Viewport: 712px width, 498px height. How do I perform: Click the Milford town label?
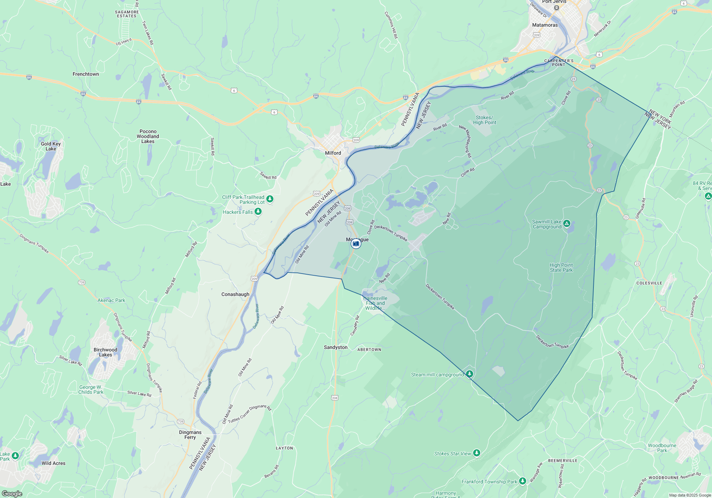[333, 153]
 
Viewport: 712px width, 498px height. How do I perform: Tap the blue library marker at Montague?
[356, 244]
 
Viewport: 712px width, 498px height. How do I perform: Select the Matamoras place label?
[545, 25]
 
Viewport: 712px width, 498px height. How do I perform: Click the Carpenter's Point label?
[559, 63]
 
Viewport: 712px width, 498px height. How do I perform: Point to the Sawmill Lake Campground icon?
[567, 224]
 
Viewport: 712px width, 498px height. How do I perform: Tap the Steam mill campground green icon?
[470, 374]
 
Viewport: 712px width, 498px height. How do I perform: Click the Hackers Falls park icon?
[258, 212]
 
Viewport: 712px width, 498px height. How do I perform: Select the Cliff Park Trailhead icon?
[270, 199]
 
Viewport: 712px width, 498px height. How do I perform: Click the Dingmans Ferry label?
[190, 435]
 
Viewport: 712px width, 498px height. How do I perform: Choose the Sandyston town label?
[335, 347]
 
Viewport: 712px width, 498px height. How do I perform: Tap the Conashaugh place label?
[235, 294]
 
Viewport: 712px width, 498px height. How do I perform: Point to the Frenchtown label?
[86, 74]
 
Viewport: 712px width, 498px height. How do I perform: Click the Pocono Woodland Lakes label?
[148, 136]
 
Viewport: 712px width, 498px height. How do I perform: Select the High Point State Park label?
[561, 267]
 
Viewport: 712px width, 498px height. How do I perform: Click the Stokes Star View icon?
[477, 453]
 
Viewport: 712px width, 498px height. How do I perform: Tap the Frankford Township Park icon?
[522, 481]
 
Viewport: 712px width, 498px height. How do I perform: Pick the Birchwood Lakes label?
[105, 352]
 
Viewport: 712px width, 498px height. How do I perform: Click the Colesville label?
[649, 283]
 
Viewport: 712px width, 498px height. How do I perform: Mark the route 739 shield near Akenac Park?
[82, 282]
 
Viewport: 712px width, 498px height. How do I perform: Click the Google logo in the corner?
[12, 493]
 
